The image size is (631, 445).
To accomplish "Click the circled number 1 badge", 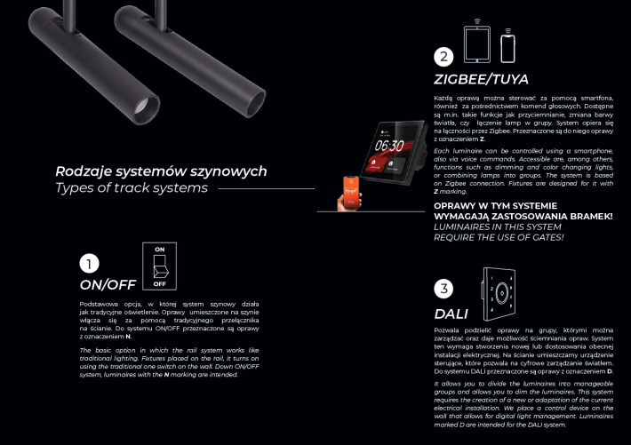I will point(90,264).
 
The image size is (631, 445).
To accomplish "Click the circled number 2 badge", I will point(443,57).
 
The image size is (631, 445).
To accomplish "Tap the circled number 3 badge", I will point(444,289).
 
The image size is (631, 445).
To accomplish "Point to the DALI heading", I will point(451,313).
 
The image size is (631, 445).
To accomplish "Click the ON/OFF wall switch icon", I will point(159,266).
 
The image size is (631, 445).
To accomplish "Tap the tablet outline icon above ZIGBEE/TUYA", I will point(477,43).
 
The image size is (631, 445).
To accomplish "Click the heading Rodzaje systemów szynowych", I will point(161,171).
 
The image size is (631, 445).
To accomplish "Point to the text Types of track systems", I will point(132,187).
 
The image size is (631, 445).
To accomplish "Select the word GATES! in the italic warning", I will point(544,237).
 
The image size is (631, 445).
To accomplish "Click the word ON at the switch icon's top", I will point(159,250).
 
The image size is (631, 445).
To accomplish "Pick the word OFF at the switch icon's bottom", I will point(159,284).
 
